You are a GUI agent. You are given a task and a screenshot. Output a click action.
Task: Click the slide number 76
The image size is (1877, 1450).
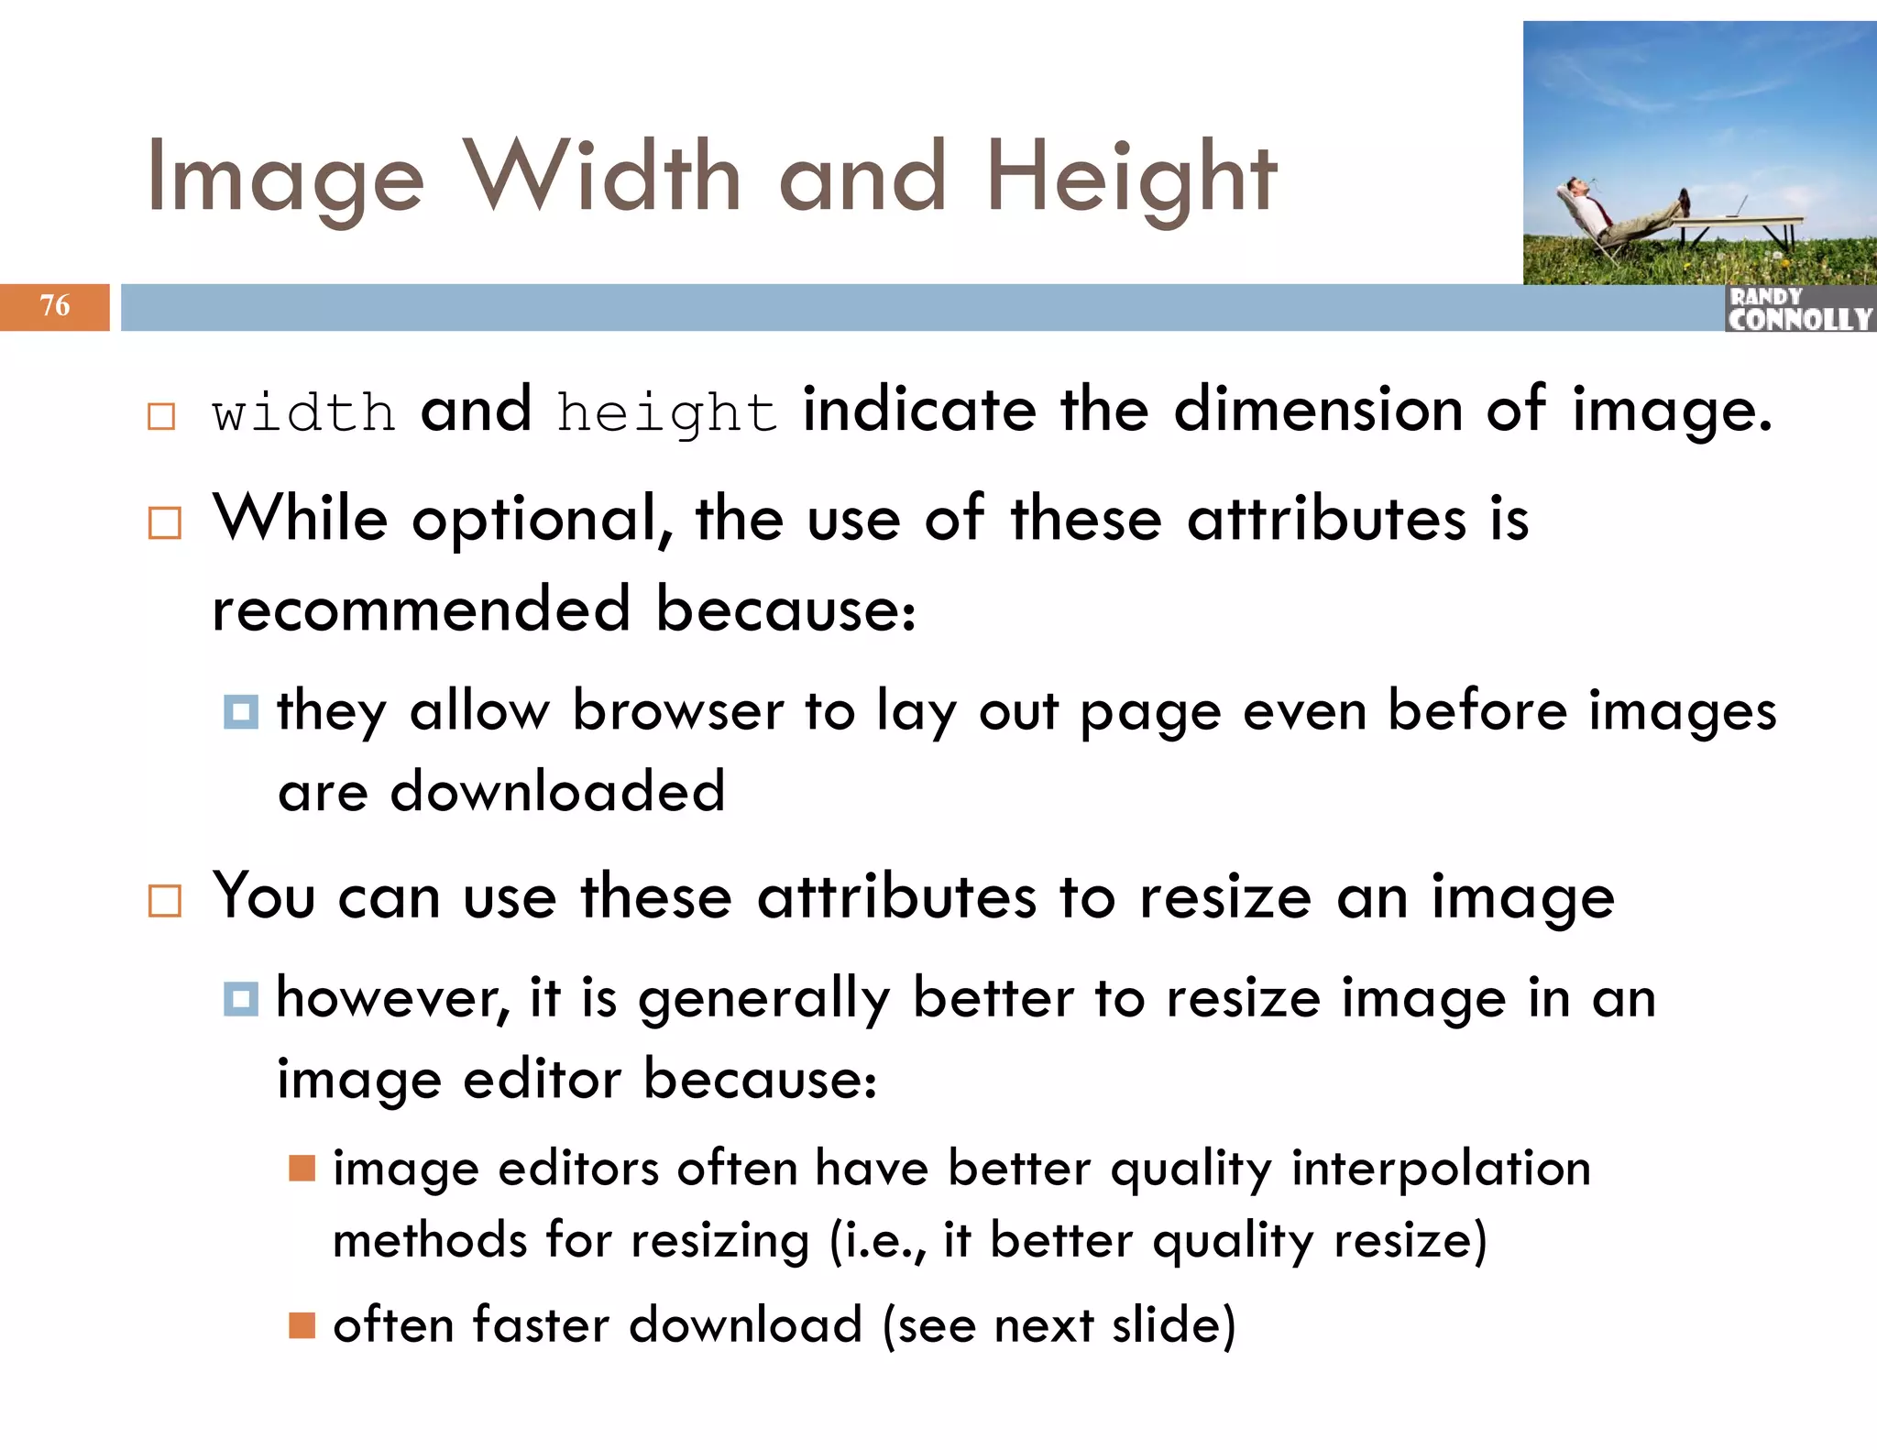click(x=55, y=306)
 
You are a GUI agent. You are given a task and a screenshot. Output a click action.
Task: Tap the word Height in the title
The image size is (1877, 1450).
click(x=1131, y=179)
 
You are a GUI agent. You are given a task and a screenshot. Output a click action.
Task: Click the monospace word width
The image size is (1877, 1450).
click(x=303, y=412)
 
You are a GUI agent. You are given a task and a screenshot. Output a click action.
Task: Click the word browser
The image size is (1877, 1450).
click(x=678, y=711)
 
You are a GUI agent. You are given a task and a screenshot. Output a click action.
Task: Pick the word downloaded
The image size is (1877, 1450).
click(x=557, y=793)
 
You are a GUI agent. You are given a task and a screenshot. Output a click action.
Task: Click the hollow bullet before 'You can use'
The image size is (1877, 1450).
click(x=165, y=901)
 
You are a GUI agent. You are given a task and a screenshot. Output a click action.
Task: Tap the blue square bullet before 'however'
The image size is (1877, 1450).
click(x=240, y=998)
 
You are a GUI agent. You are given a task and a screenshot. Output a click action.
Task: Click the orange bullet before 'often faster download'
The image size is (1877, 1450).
click(x=302, y=1325)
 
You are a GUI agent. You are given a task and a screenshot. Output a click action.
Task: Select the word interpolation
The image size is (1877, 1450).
click(x=1441, y=1170)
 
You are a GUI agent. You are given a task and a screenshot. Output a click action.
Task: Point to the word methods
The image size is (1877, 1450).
click(x=430, y=1241)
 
